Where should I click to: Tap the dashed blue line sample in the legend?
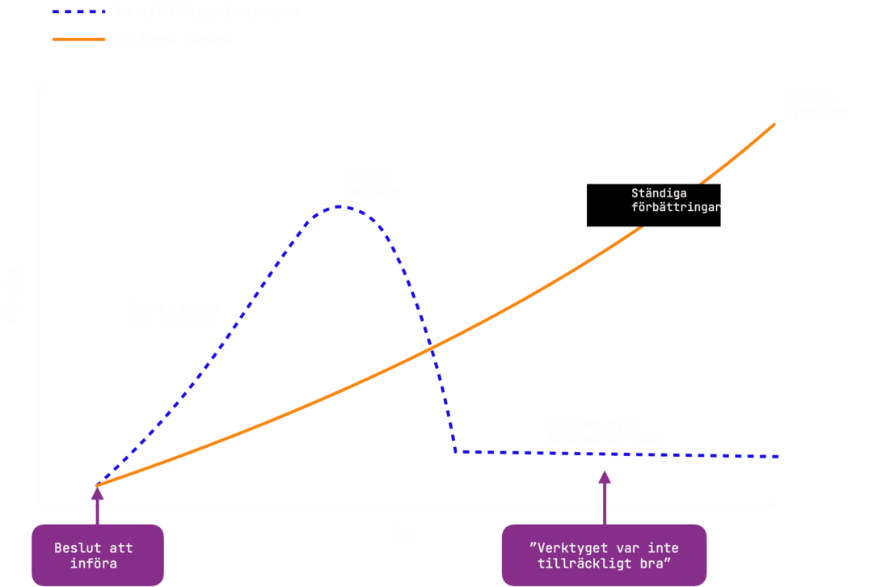pos(78,13)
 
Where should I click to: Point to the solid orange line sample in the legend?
pos(78,39)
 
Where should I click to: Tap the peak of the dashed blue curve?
pos(340,206)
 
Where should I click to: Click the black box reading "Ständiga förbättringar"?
pos(653,205)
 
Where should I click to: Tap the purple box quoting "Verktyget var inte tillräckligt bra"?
pos(604,555)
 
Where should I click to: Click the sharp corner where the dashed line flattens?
pos(456,450)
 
